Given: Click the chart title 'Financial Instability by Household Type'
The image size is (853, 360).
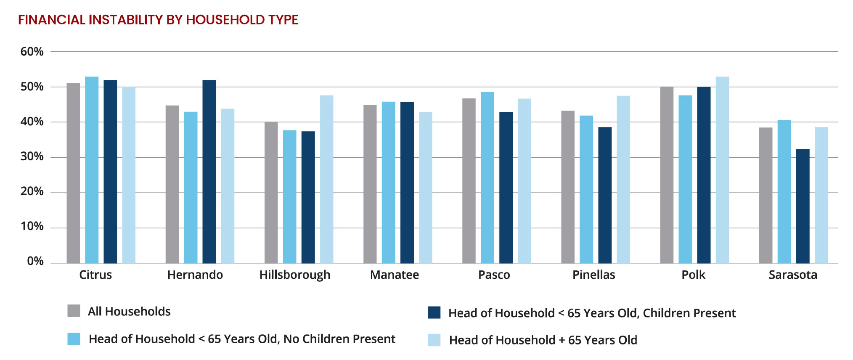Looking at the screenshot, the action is point(158,20).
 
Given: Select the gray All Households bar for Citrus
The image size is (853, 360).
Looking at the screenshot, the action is point(73,173).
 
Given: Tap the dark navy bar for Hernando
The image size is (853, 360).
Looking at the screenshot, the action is point(209,172).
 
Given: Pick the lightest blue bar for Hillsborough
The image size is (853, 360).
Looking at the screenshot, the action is point(326,179).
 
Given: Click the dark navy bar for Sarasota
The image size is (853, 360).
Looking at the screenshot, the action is point(803,206).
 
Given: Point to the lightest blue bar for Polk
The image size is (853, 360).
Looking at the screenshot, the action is point(722,170).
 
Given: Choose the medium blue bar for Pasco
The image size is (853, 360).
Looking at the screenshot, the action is point(487,177).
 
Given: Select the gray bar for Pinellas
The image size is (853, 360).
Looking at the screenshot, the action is point(568,187).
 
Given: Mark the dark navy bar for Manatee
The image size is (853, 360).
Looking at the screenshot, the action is point(407,183).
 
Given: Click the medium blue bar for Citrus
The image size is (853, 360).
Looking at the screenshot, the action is point(92,170).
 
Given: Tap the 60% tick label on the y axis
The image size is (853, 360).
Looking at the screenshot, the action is point(32,52).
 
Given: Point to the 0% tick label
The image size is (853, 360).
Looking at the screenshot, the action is point(35,261).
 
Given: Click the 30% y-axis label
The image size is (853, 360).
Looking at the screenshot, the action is point(32,156).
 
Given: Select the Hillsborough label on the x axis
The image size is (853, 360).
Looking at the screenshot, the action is point(295,275).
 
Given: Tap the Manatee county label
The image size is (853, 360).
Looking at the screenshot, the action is point(395,275).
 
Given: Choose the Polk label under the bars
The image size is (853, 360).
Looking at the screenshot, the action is point(694,275).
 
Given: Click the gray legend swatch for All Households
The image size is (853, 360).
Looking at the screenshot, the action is point(74,311).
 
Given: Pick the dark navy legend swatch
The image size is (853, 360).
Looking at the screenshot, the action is point(434,312).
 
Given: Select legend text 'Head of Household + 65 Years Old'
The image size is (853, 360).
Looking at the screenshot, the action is point(543,340).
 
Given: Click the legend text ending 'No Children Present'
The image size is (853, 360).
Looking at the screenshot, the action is point(242,339).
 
